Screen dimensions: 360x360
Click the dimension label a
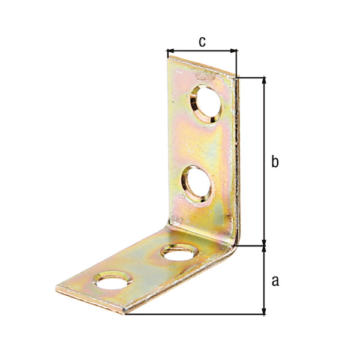pos(275,280)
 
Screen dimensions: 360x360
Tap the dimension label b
pos(275,162)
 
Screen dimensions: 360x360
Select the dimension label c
pos(202,41)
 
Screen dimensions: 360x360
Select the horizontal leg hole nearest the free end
pos(113,280)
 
